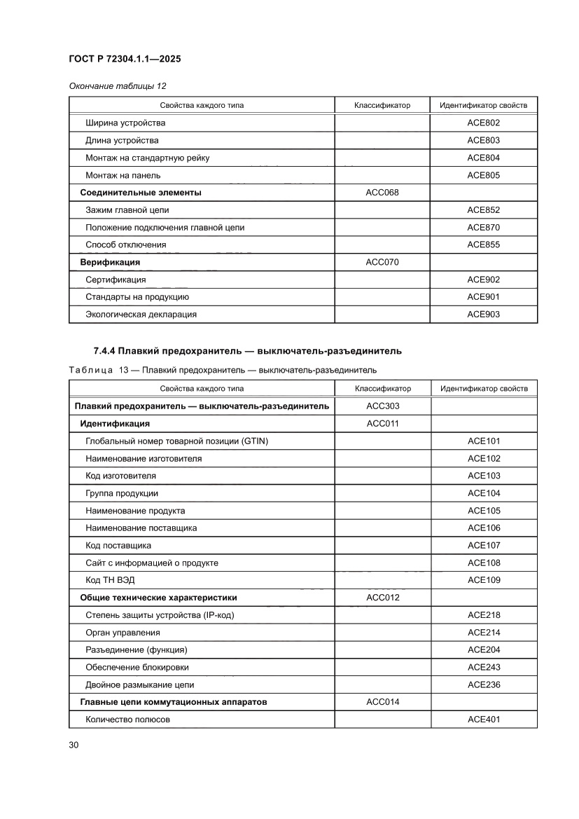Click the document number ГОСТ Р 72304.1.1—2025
tap(125, 60)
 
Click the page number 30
tap(74, 744)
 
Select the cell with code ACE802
tap(483, 123)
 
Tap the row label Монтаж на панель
tap(123, 175)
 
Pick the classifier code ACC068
tap(382, 192)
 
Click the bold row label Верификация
tap(110, 262)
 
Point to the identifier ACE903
tap(483, 314)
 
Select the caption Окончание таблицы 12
tap(118, 85)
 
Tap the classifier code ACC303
tap(383, 406)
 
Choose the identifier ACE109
tap(484, 580)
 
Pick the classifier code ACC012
tap(383, 598)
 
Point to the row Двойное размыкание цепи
tap(139, 684)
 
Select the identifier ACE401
tap(484, 719)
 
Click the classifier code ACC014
tap(383, 701)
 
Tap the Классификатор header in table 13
tap(383, 388)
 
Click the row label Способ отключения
tap(125, 245)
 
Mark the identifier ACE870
tap(483, 227)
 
